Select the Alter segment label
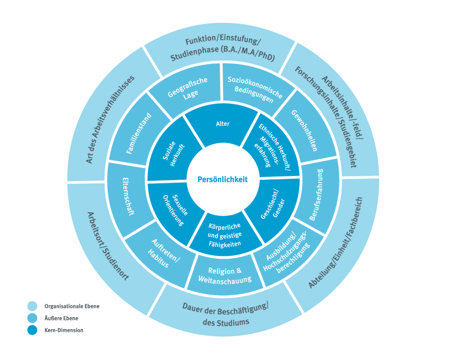[222, 124]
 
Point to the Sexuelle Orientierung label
[173, 207]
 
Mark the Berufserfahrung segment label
[317, 195]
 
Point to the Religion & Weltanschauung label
[225, 275]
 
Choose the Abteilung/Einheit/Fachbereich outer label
[335, 242]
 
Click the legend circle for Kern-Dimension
[32, 330]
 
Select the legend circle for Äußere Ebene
[32, 318]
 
